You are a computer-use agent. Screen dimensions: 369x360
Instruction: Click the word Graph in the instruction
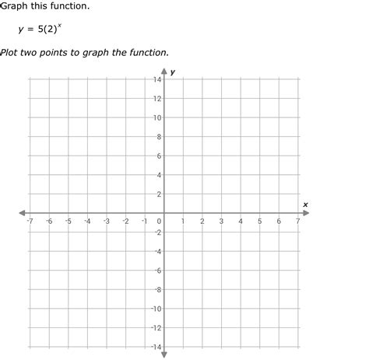click(15, 6)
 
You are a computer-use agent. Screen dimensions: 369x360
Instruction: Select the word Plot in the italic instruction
click(10, 53)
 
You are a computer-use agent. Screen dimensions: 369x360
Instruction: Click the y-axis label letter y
click(173, 72)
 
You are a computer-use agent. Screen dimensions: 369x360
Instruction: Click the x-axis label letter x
click(305, 204)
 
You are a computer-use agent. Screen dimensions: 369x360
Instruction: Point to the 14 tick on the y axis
click(157, 80)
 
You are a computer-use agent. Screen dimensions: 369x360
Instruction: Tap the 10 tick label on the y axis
click(157, 118)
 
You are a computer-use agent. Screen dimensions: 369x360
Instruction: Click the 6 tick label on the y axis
click(159, 156)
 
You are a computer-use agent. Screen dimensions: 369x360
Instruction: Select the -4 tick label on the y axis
click(157, 251)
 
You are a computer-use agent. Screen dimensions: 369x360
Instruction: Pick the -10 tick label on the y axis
click(156, 309)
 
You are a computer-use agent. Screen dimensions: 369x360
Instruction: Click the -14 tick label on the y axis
click(156, 347)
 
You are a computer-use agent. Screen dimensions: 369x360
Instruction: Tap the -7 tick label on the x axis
click(30, 222)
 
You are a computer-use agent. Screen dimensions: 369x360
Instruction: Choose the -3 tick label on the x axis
click(106, 222)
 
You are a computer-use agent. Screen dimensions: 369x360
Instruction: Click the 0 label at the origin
click(159, 222)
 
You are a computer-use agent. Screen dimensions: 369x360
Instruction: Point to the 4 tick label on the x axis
click(241, 222)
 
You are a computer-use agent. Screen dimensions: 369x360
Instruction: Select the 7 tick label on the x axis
click(298, 222)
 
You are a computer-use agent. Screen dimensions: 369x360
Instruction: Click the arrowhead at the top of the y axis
click(164, 75)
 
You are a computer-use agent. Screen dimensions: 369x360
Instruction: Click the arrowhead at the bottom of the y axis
click(164, 354)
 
